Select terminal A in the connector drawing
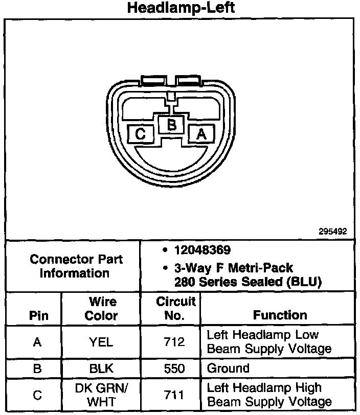click(x=201, y=134)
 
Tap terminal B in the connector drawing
click(x=172, y=124)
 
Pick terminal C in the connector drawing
click(x=141, y=134)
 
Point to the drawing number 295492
click(x=333, y=231)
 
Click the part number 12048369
click(x=202, y=250)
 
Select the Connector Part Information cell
click(x=76, y=266)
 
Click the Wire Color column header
click(x=101, y=308)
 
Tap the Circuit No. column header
click(x=175, y=308)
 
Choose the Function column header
click(x=280, y=315)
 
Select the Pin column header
click(x=38, y=315)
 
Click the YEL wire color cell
click(x=101, y=342)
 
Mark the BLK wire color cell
click(x=101, y=368)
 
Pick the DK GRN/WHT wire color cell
click(x=101, y=395)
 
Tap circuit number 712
click(x=175, y=342)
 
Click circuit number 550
click(x=175, y=368)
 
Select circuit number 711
click(x=175, y=395)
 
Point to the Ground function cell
click(x=228, y=368)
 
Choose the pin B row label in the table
click(x=37, y=368)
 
